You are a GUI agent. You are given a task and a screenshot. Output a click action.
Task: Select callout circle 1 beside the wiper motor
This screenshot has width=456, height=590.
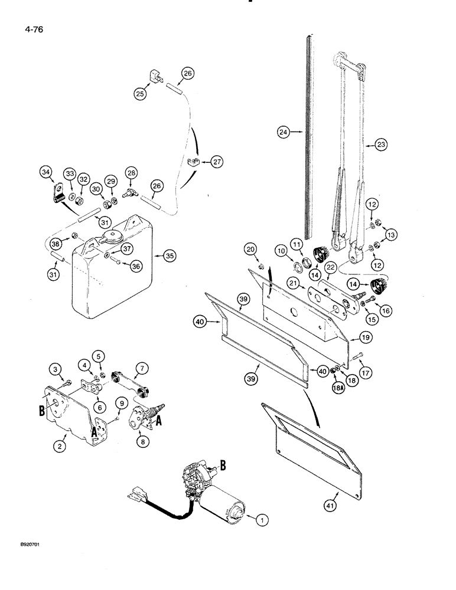point(258,519)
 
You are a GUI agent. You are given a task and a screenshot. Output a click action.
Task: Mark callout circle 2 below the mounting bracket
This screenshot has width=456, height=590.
point(60,446)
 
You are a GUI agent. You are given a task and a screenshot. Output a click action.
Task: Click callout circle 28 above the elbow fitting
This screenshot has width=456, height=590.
point(131,172)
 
